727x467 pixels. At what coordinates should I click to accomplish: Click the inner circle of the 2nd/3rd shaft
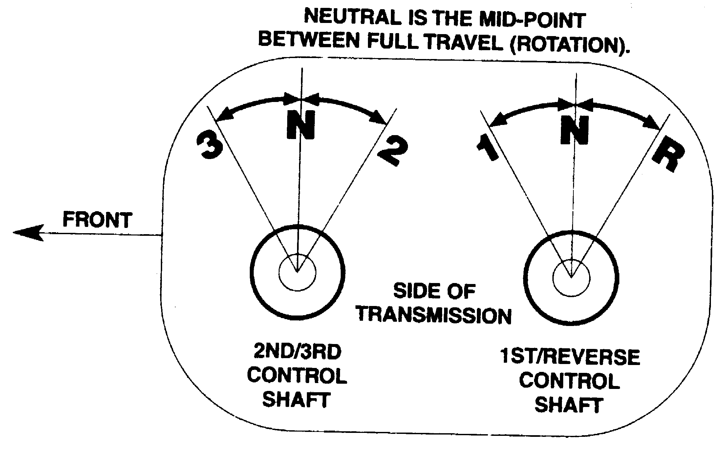[x=297, y=272]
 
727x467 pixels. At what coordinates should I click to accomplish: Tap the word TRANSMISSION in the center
[x=434, y=315]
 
